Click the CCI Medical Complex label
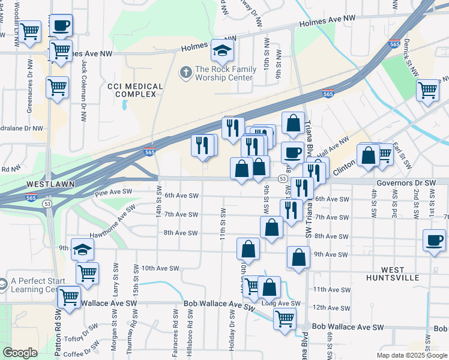click(135, 90)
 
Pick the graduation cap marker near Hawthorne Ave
click(82, 249)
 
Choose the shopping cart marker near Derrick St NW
click(427, 90)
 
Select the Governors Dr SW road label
click(406, 183)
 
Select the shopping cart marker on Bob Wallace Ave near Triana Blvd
click(285, 318)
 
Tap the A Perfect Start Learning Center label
click(32, 285)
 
